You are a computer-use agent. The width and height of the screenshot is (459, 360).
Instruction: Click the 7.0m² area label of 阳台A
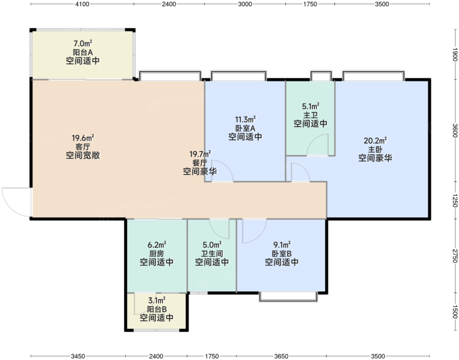[83, 44]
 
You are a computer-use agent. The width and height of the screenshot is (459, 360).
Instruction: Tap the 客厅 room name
[83, 147]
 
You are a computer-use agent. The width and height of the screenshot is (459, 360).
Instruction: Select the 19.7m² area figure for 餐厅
[200, 154]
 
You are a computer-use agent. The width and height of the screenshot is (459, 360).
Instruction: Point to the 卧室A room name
[245, 128]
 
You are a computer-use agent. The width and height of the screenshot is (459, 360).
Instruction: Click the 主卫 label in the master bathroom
[310, 115]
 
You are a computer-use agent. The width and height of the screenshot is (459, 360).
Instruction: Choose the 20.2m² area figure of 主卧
[376, 140]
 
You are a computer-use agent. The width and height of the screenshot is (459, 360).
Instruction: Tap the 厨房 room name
[156, 253]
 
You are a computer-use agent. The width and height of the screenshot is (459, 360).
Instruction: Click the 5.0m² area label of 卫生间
[212, 245]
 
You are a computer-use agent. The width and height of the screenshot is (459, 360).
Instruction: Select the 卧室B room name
[282, 253]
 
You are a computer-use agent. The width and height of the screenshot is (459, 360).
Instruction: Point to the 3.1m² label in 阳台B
[156, 301]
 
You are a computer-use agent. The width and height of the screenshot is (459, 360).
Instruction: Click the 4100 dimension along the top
[82, 4]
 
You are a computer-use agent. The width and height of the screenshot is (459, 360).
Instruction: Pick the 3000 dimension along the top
[245, 4]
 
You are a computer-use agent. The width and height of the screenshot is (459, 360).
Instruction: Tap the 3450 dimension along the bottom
[78, 356]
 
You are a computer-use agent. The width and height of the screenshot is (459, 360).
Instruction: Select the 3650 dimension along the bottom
[281, 356]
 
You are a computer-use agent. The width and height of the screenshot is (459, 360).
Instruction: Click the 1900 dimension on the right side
[455, 55]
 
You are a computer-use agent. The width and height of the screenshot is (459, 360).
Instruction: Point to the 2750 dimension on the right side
[455, 256]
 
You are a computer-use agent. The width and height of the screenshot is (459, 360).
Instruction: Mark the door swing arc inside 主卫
[313, 139]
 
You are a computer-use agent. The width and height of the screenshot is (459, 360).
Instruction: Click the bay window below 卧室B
[288, 297]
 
